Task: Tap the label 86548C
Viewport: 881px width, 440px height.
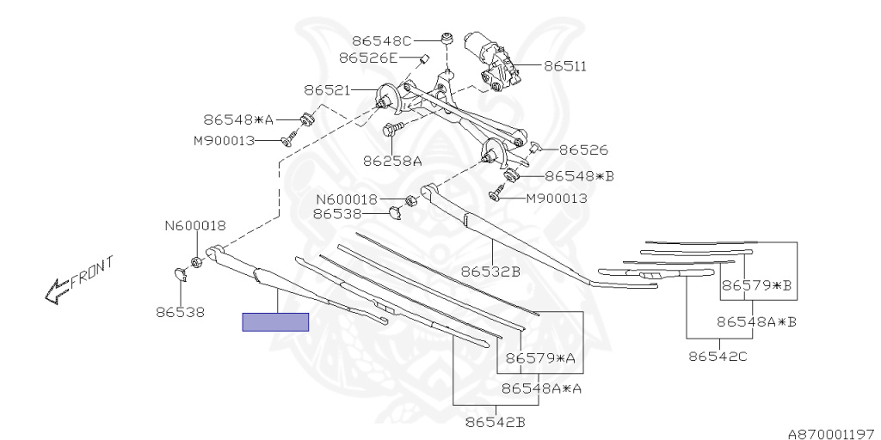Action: (x=382, y=40)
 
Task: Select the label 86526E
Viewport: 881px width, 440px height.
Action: (x=367, y=58)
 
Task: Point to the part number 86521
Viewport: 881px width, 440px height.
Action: (x=326, y=89)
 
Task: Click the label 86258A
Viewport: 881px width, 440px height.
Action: (x=392, y=160)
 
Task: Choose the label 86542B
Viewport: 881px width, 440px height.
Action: (x=495, y=422)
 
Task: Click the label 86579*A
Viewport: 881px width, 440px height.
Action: (x=539, y=357)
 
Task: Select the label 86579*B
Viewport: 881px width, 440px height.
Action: (x=756, y=284)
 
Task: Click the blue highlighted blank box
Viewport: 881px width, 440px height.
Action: (x=275, y=322)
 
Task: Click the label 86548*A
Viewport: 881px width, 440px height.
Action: (x=238, y=120)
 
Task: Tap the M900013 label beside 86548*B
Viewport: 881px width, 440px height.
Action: (x=557, y=198)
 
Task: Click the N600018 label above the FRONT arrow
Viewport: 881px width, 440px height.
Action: (x=195, y=226)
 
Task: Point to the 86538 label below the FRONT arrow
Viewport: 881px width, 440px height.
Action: (x=181, y=313)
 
